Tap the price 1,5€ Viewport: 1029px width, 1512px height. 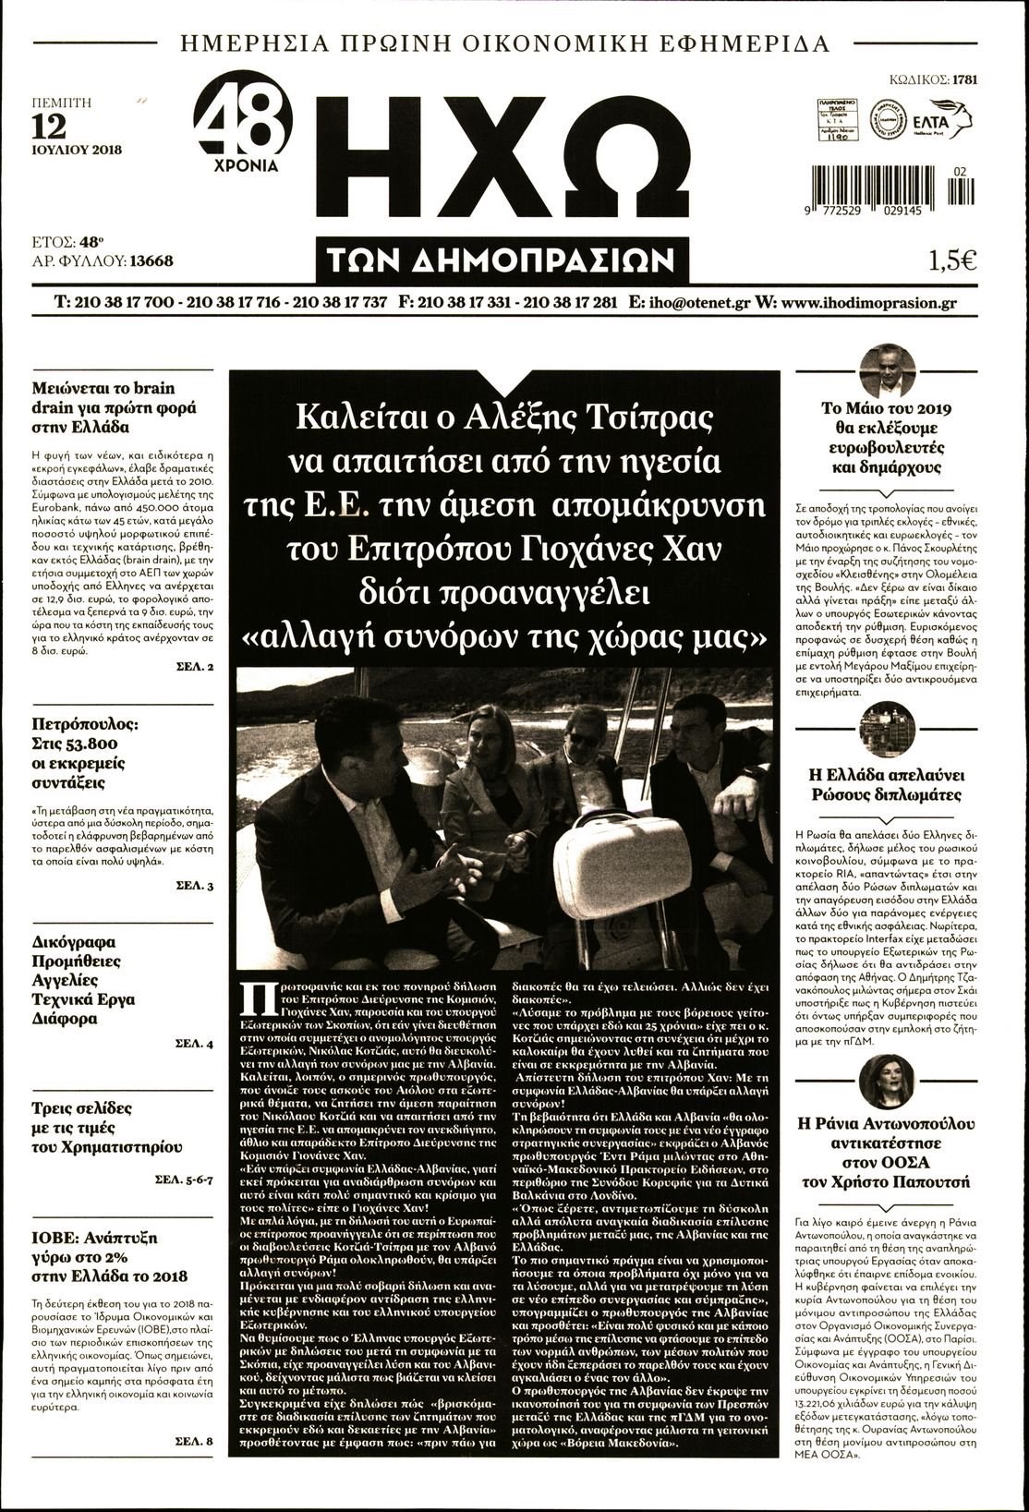pos(952,260)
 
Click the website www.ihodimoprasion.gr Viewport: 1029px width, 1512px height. pos(867,302)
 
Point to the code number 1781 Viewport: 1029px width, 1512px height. pos(964,79)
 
